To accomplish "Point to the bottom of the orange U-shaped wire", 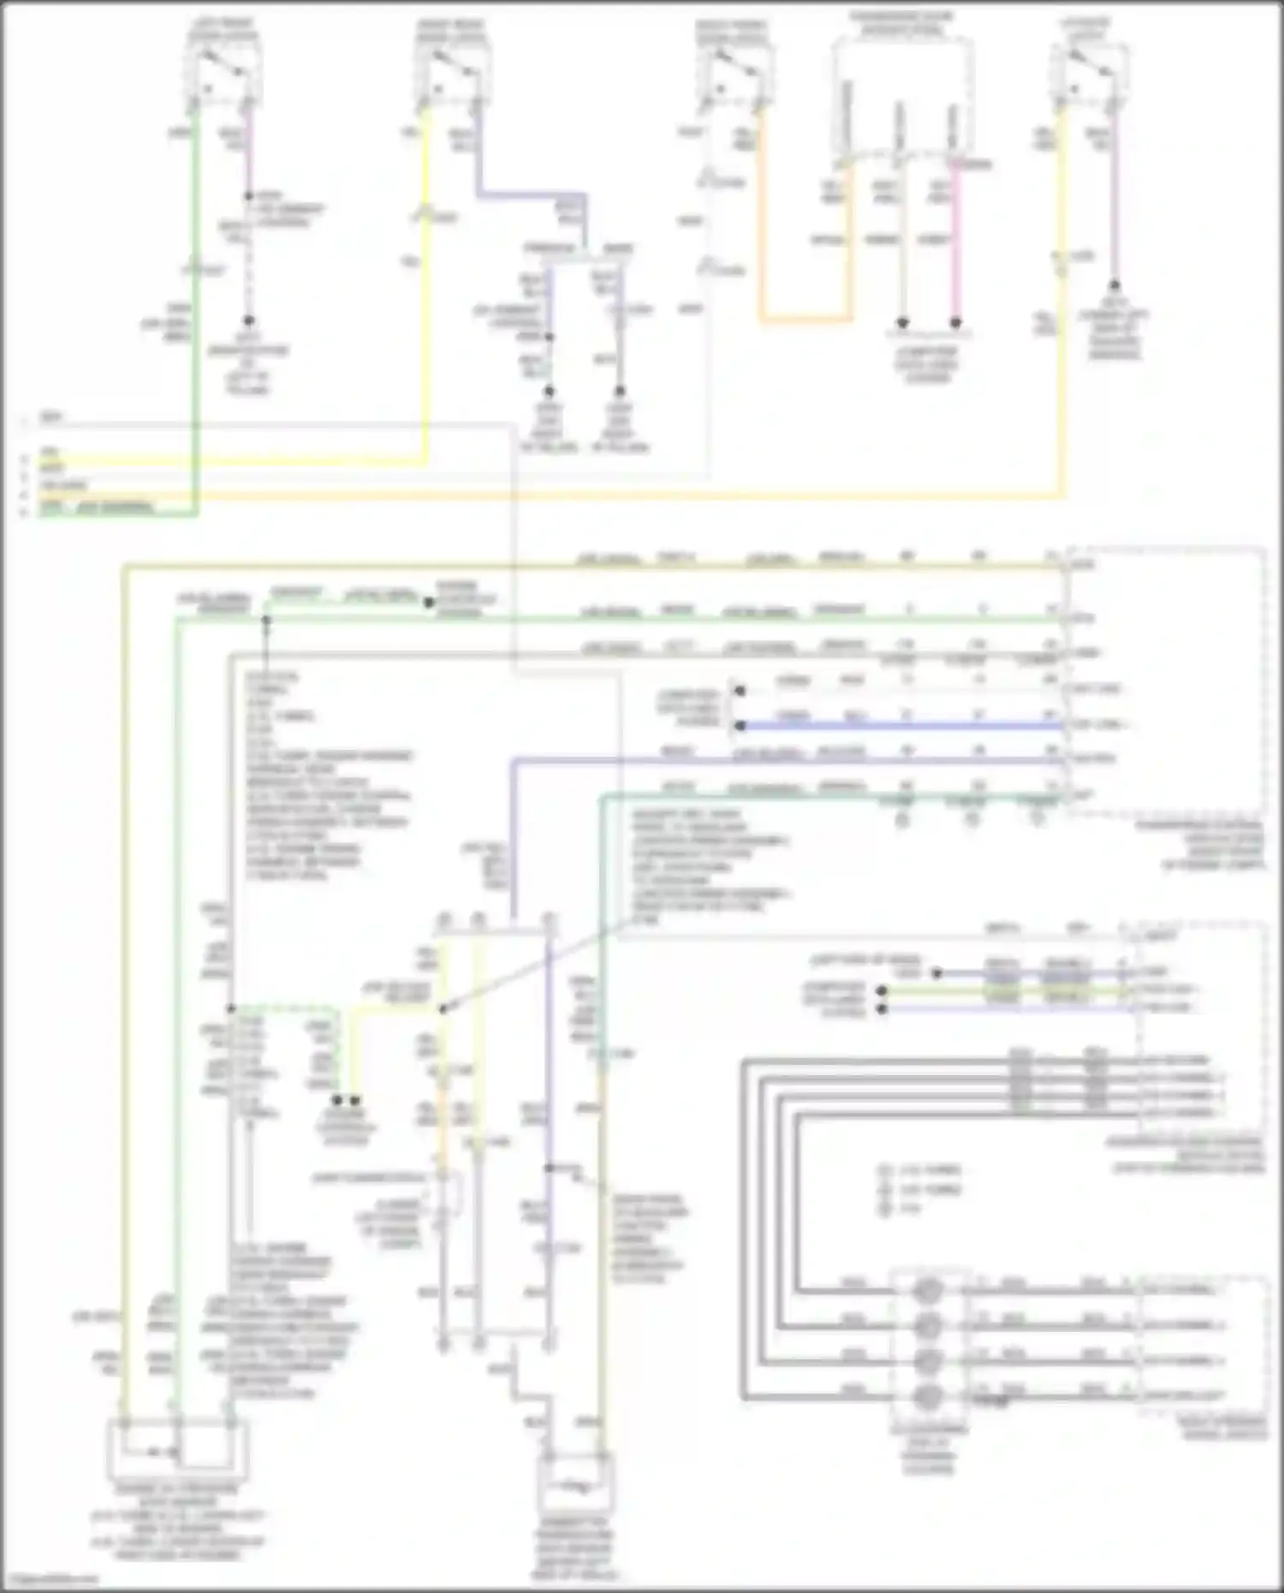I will [x=805, y=320].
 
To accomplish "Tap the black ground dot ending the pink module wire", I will [x=956, y=324].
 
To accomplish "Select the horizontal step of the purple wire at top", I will [x=531, y=193].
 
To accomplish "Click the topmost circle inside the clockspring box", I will [x=928, y=1290].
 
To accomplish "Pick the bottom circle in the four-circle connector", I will [x=928, y=1397].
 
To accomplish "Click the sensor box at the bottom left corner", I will [x=177, y=1450].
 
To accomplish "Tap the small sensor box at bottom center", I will [x=576, y=1485].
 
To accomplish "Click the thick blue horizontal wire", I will [x=899, y=726].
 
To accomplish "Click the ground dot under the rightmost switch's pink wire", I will [x=1115, y=286].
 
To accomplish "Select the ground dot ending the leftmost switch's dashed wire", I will [x=248, y=321].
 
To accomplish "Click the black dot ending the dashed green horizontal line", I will [x=428, y=602].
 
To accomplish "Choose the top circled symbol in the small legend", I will [x=885, y=1170].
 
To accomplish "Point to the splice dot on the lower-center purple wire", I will [x=549, y=1168].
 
